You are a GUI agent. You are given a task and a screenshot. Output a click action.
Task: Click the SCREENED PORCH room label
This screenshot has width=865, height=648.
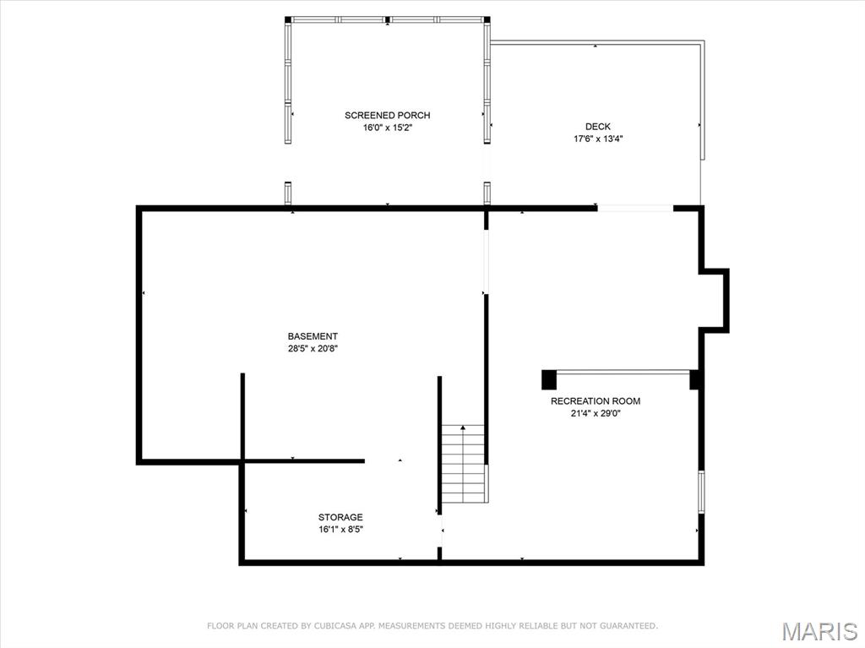pos(387,115)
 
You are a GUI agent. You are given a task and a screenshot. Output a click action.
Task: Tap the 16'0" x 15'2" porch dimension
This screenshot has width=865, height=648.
pos(387,128)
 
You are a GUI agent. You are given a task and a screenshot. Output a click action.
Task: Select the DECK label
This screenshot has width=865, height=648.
pos(597,127)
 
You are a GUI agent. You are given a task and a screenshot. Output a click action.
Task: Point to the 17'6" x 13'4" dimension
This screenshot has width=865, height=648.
pos(597,139)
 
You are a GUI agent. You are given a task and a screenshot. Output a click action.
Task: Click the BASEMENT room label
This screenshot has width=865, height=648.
pos(313,336)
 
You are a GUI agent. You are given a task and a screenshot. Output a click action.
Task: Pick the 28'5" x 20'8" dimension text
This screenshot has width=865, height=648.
pos(313,348)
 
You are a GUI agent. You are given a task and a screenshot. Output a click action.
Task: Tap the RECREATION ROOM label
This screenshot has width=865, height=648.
pos(595,401)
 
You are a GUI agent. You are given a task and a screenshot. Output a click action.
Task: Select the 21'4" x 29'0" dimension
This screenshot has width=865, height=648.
pos(595,414)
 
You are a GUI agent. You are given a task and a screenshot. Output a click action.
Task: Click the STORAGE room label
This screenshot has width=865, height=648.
pos(340,517)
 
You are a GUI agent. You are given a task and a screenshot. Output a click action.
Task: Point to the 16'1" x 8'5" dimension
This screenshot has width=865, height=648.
pos(340,530)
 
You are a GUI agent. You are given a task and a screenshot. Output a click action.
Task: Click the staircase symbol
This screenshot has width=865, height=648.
pos(464,464)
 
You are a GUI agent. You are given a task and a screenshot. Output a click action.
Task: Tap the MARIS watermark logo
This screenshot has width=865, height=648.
pos(819,631)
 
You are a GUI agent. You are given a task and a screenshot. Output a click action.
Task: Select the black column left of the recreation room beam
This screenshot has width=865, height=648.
pos(549,379)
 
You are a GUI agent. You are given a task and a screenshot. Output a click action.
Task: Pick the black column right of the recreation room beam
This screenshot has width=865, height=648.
pos(695,379)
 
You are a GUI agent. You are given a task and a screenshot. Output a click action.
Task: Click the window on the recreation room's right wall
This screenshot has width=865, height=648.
pos(701,491)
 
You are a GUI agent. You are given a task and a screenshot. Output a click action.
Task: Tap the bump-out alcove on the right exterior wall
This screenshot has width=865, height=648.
pos(715,300)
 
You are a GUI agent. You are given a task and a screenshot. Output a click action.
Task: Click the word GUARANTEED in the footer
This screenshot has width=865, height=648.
pos(628,626)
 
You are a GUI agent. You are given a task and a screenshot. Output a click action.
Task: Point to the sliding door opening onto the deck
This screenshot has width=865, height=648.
pos(635,207)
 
